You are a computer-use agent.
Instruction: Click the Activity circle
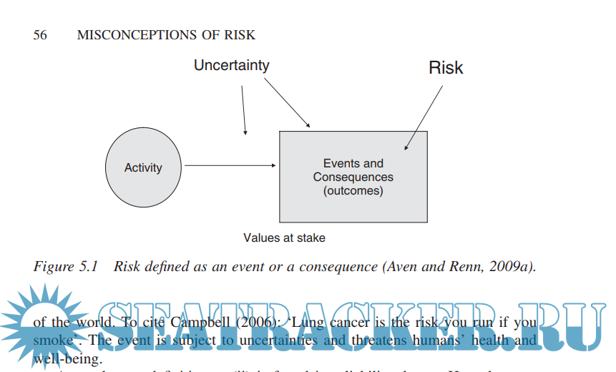144,167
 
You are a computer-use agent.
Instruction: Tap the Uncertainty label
231,65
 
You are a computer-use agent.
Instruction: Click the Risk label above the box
446,68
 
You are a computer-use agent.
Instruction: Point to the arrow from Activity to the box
230,166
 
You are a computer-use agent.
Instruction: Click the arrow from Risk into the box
424,117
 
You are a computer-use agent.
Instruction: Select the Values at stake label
284,238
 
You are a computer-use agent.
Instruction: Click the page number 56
40,35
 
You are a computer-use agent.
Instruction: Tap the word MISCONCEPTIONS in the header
138,35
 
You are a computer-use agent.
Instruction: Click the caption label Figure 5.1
65,266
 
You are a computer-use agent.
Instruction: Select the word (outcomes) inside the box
353,191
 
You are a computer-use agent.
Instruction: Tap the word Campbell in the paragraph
202,322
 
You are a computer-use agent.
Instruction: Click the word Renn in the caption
461,266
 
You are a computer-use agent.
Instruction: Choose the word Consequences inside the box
353,177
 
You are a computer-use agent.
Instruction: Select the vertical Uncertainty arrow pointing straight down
244,110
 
